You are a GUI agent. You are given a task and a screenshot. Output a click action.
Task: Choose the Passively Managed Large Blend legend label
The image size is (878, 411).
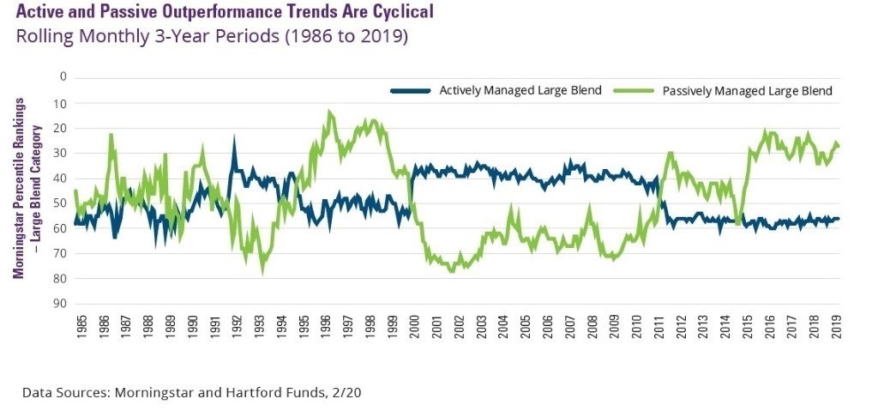pos(749,90)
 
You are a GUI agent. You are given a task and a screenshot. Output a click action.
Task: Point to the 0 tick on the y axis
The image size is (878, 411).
pos(63,77)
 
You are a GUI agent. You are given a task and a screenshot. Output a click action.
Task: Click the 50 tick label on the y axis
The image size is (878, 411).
pos(60,203)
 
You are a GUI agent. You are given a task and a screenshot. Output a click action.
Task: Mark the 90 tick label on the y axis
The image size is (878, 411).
pos(60,304)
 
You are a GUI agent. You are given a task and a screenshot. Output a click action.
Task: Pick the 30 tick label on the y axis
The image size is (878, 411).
pos(60,153)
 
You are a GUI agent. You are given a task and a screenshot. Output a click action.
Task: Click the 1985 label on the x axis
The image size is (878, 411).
pos(80,330)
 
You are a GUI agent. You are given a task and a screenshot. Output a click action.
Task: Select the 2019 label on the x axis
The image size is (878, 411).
pos(837,330)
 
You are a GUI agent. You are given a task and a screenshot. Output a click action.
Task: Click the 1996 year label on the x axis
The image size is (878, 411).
pos(327,330)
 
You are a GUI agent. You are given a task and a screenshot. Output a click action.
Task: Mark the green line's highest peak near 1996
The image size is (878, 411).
pos(329,112)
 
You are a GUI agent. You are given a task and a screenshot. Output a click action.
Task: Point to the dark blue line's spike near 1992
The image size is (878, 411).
pos(233,140)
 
